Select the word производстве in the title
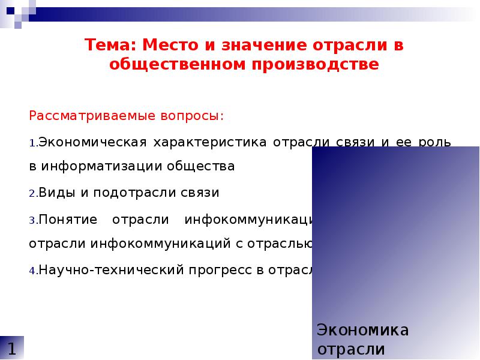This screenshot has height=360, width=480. click(x=318, y=64)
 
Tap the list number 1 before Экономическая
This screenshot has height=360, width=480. click(x=32, y=144)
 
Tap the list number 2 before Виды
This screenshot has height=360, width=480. click(x=33, y=194)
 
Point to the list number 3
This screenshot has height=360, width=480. click(x=33, y=220)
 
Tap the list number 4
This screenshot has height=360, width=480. click(x=33, y=271)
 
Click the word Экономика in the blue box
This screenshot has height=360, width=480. click(x=362, y=330)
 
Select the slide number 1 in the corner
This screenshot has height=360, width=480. click(x=12, y=348)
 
